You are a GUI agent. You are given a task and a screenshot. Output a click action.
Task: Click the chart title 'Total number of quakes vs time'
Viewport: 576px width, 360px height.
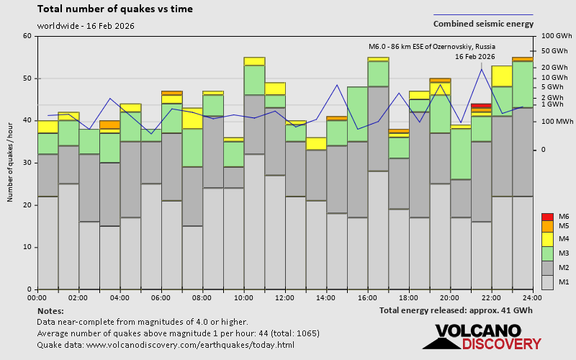click(114, 9)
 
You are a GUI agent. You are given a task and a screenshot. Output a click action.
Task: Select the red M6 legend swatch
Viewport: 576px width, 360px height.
click(547, 217)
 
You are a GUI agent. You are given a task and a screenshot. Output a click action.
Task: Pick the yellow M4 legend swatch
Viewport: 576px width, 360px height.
click(547, 238)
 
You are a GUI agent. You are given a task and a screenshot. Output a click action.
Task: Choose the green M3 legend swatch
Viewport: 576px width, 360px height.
click(547, 253)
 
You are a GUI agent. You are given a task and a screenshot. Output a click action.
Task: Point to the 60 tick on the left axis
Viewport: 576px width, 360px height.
click(27, 36)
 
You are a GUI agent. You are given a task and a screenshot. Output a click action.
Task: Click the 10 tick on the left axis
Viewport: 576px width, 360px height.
click(27, 247)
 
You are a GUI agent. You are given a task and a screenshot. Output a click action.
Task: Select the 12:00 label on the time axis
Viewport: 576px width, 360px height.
click(285, 297)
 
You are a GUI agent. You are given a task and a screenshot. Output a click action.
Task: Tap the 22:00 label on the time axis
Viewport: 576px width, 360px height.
click(492, 297)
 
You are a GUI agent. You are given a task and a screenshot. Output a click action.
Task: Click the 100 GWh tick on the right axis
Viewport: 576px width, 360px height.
click(556, 36)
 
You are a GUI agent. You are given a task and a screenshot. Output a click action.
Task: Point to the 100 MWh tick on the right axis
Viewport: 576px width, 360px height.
click(556, 121)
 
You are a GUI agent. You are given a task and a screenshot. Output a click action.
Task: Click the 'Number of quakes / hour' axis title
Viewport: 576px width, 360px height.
click(11, 163)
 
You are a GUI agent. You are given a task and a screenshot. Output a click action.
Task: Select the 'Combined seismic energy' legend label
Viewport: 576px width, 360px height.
click(483, 24)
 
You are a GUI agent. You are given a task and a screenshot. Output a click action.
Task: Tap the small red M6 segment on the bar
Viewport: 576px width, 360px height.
click(481, 106)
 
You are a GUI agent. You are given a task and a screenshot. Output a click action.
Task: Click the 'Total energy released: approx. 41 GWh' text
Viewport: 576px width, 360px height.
click(456, 310)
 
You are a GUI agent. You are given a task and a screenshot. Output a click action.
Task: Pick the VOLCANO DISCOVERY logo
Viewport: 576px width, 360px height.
click(482, 337)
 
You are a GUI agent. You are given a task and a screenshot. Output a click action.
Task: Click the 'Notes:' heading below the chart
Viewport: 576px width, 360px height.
click(50, 310)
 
